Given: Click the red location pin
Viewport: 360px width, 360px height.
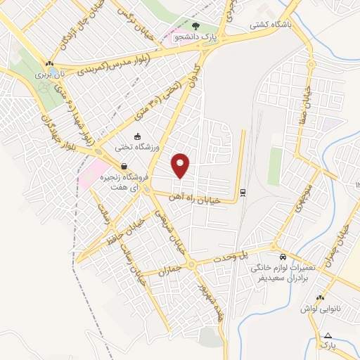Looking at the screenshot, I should click(x=181, y=166).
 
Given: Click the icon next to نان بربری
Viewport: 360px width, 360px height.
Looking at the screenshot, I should click(x=49, y=63).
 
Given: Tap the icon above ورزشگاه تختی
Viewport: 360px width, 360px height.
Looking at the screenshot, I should click(x=138, y=136).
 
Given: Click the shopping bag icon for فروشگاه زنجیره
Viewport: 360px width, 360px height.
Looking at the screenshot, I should click(x=124, y=167).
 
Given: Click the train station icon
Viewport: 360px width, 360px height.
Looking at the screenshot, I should click(x=243, y=191).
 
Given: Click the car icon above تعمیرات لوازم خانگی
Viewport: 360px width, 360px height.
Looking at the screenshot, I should click(x=282, y=257).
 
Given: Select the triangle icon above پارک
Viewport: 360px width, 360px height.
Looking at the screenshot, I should click(x=327, y=334).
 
